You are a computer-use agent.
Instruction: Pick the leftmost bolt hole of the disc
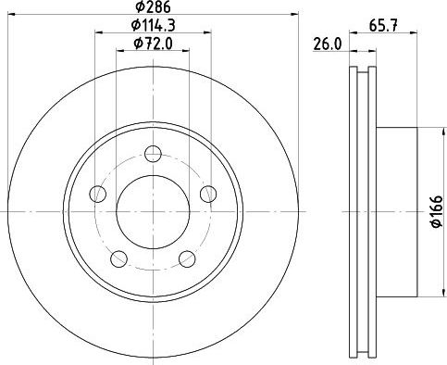pos(96,194)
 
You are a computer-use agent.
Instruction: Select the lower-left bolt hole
pos(118,258)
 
